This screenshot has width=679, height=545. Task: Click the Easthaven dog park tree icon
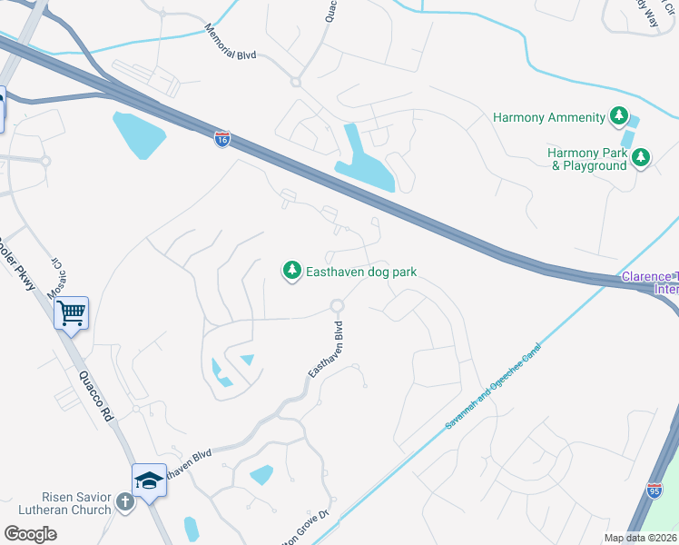click(292, 271)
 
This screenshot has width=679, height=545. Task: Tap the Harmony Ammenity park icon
click(619, 116)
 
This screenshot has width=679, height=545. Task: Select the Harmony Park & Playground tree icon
click(641, 158)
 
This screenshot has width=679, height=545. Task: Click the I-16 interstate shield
click(222, 139)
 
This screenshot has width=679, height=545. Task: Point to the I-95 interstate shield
click(654, 490)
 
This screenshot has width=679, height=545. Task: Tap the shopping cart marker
click(71, 314)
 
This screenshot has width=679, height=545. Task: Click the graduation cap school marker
click(148, 479)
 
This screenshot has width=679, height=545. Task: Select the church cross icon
click(125, 502)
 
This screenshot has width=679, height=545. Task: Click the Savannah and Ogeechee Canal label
click(493, 386)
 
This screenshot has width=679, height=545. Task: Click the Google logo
click(30, 534)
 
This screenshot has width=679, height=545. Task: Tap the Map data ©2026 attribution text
click(640, 538)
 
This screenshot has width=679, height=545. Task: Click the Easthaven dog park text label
click(360, 271)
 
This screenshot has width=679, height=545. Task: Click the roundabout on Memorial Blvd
click(295, 82)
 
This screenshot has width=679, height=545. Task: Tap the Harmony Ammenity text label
click(548, 117)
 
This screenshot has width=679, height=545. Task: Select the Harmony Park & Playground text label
click(587, 159)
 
